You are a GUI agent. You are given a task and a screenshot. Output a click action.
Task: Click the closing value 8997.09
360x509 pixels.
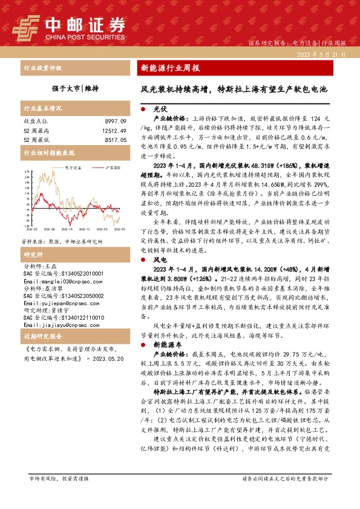pyautogui.click(x=114, y=122)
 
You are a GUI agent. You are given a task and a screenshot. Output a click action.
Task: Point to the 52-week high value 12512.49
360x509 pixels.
pyautogui.click(x=113, y=131)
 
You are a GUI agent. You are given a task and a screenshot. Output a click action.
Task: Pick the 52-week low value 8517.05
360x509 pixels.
pyautogui.click(x=114, y=140)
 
